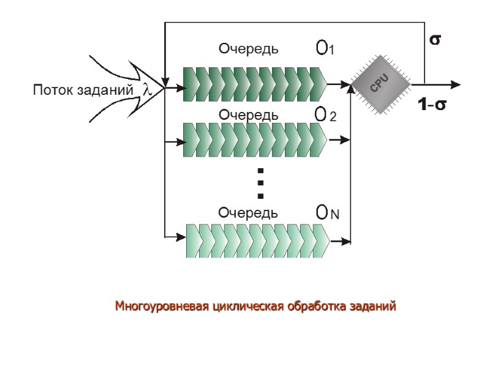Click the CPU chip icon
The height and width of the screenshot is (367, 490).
381,84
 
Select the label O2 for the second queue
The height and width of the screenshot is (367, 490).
325,114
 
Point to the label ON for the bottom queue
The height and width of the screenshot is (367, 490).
327,213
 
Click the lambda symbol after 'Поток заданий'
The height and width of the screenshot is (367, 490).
146,89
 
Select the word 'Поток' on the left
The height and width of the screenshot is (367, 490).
51,91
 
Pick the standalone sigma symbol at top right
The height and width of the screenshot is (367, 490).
435,40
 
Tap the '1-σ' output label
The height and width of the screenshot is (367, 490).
432,105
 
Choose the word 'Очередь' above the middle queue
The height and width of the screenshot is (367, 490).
248,114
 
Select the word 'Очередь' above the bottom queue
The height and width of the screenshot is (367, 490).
248,213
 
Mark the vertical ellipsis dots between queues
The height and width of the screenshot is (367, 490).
260,182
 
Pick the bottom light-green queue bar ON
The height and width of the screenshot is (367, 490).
257,241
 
